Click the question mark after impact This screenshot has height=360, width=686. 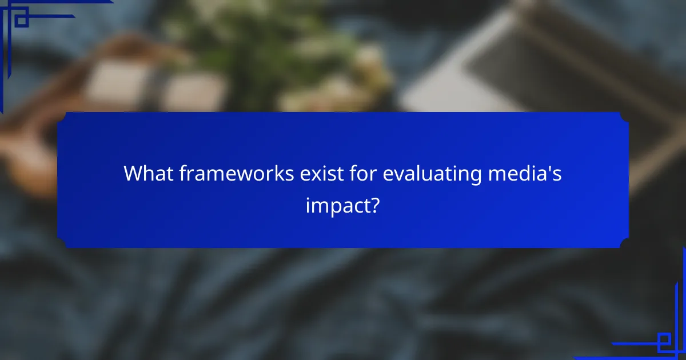375,205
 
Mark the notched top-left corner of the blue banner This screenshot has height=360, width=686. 62,117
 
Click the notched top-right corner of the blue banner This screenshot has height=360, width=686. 624,117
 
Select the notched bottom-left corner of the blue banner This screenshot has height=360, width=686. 62,243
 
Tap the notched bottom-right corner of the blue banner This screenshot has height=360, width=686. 624,243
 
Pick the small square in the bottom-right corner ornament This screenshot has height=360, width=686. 664,342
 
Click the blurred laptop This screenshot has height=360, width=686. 514,63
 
